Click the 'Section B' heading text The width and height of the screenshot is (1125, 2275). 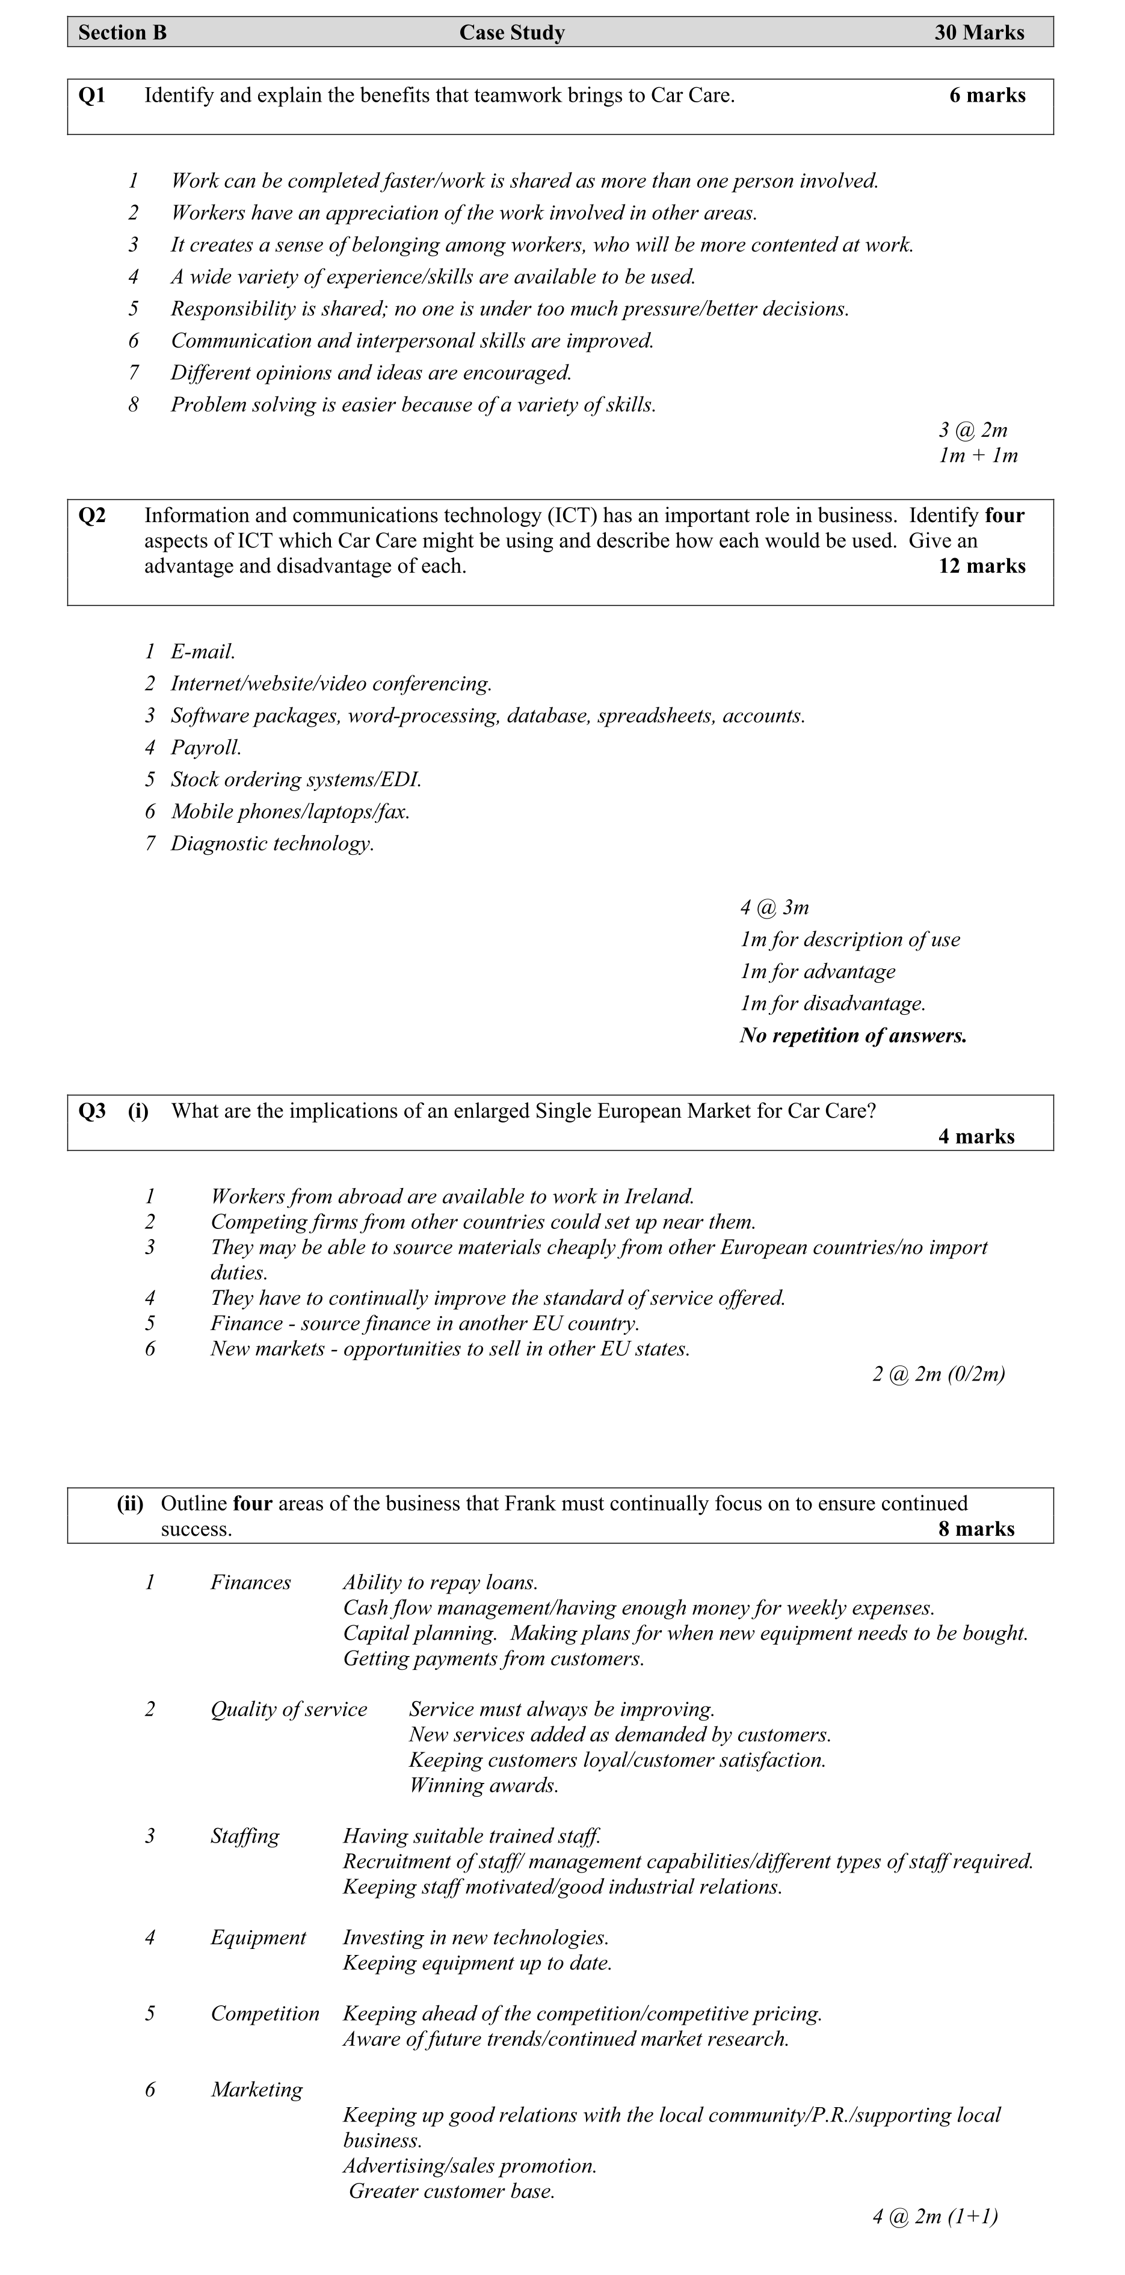click(122, 32)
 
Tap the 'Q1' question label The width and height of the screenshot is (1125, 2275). click(92, 96)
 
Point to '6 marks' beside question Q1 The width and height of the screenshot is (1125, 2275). click(987, 96)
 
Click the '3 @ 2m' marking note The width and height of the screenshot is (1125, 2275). click(972, 430)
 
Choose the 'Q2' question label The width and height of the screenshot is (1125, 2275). click(92, 516)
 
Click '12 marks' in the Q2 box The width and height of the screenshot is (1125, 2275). click(981, 566)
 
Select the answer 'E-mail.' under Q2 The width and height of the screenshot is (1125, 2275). click(203, 652)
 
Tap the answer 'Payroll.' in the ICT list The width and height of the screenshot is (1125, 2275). click(206, 748)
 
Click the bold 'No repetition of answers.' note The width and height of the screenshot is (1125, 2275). click(853, 1035)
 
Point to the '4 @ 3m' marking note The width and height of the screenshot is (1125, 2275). click(774, 908)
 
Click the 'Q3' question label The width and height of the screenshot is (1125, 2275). click(92, 1111)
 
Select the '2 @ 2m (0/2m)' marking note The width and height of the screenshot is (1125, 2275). click(938, 1374)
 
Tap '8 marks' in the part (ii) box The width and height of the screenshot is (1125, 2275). click(976, 1528)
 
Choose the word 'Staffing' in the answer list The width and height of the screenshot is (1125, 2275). click(245, 1837)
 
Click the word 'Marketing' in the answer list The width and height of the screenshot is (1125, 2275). click(257, 2090)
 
